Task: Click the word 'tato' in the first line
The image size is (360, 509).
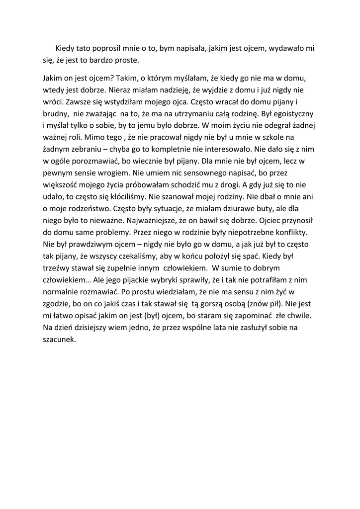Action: [x=84, y=49]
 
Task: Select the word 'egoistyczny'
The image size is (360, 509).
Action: [x=291, y=114]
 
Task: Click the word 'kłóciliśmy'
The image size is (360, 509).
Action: [x=131, y=197]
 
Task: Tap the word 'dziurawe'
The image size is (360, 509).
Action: [x=247, y=209]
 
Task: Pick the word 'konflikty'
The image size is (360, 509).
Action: [x=292, y=233]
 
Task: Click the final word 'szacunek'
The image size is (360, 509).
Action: [x=59, y=340]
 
